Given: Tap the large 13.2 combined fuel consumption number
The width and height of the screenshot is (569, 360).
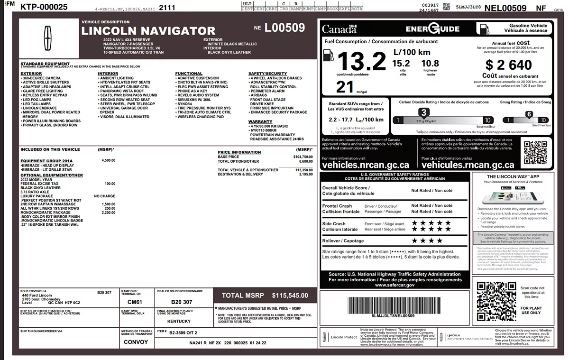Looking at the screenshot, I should tap(361, 60).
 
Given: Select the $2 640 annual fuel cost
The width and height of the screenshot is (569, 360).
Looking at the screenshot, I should tap(509, 64).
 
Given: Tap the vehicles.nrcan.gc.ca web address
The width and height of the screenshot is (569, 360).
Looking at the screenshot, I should tap(365, 165).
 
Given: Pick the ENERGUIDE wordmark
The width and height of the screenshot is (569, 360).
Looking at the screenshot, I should tap(432, 29).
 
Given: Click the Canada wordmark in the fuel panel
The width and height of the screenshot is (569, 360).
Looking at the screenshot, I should tap(339, 29).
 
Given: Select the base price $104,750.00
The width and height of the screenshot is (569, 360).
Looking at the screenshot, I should tap(303, 157).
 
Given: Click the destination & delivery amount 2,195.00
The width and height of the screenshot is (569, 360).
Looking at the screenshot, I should tap(306, 174).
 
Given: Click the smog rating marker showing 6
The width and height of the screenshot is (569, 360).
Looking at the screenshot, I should tap(529, 114).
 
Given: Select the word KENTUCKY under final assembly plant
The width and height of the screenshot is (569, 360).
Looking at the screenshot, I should tap(179, 321).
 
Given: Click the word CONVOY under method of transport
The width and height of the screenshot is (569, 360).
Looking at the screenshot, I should tap(136, 342).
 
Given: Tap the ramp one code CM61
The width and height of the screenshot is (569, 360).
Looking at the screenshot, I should tap(135, 302).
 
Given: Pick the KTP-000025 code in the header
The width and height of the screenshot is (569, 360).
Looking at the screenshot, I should tap(44, 7).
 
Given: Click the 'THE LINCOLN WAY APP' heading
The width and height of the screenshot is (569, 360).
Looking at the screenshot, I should tap(513, 176).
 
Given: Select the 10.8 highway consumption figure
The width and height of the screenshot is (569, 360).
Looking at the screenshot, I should tap(430, 64).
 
